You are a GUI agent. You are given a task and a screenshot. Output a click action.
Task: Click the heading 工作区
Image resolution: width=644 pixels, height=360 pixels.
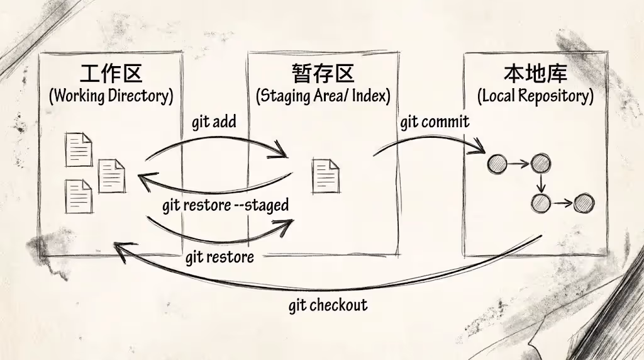point(111,74)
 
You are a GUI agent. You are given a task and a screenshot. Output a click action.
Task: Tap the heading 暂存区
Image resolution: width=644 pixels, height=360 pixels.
point(323,74)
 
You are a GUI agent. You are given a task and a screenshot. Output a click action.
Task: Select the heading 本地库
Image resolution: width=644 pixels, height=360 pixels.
point(535,74)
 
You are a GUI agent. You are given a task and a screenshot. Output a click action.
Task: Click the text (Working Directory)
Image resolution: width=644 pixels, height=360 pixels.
point(111,96)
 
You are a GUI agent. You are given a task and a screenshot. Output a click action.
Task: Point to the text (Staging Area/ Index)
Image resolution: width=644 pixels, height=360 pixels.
point(323,96)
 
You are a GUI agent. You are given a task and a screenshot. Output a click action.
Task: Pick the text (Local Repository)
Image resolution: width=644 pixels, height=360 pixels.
point(535,96)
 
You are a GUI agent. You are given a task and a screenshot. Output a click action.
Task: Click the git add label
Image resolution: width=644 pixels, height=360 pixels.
point(214,121)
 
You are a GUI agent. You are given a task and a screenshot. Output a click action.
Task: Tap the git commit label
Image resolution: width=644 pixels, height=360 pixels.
point(435,121)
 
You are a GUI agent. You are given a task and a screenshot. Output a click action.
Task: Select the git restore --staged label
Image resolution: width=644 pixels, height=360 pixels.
point(225,205)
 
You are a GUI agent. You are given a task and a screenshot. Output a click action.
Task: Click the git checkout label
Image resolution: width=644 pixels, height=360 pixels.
point(328,305)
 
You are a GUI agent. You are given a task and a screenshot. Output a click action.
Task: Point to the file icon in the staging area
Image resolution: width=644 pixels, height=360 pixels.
point(326,176)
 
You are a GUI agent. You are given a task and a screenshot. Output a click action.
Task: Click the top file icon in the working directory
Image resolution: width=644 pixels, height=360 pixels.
point(79,150)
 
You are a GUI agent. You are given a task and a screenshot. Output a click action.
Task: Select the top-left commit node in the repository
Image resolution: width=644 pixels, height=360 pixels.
point(497,165)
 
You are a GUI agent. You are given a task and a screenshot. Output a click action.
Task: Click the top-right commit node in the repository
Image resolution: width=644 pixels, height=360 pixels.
point(540,165)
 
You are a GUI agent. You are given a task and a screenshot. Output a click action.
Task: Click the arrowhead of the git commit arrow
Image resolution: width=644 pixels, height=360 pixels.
point(480,150)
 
